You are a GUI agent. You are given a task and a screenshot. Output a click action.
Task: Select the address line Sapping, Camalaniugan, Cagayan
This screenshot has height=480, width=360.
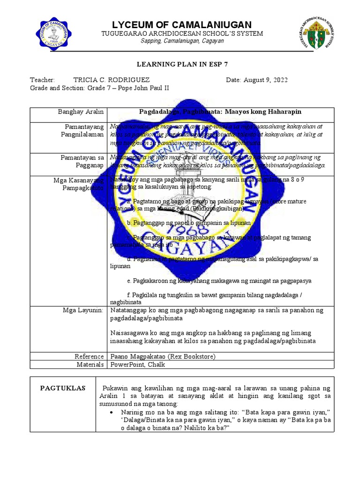182,41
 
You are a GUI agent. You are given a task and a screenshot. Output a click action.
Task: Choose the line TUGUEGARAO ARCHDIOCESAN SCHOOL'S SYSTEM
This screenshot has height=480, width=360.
182,34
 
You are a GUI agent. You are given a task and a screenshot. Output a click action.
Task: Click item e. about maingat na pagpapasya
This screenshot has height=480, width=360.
219,281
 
